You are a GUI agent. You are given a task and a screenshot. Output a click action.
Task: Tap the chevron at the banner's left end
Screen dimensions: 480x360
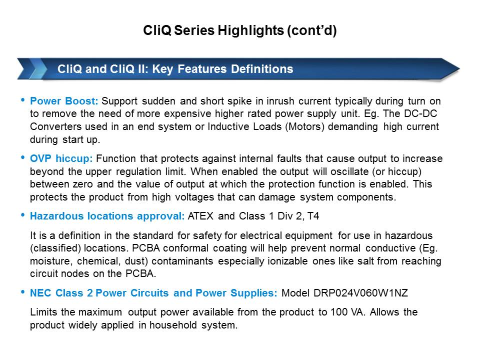pyautogui.click(x=32, y=69)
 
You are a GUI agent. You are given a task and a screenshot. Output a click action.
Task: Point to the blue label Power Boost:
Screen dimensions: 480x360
pyautogui.click(x=64, y=100)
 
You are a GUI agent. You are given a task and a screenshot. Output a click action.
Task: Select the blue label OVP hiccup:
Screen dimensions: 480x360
pyautogui.click(x=61, y=158)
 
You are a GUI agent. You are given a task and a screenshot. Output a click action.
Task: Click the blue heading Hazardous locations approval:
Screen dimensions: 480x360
pyautogui.click(x=107, y=216)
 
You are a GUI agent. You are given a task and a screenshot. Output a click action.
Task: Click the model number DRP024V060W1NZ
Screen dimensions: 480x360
pyautogui.click(x=360, y=292)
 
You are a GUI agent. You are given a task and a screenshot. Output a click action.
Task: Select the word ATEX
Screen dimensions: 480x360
pyautogui.click(x=200, y=216)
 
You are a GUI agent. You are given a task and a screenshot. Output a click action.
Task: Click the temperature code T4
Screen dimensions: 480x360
pyautogui.click(x=313, y=216)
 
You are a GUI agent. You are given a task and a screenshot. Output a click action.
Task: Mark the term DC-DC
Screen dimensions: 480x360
pyautogui.click(x=420, y=113)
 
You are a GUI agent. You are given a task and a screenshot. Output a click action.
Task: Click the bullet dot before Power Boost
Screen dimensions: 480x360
pyautogui.click(x=22, y=100)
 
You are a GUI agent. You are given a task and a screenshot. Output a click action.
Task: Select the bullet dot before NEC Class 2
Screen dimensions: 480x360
pyautogui.click(x=22, y=291)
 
